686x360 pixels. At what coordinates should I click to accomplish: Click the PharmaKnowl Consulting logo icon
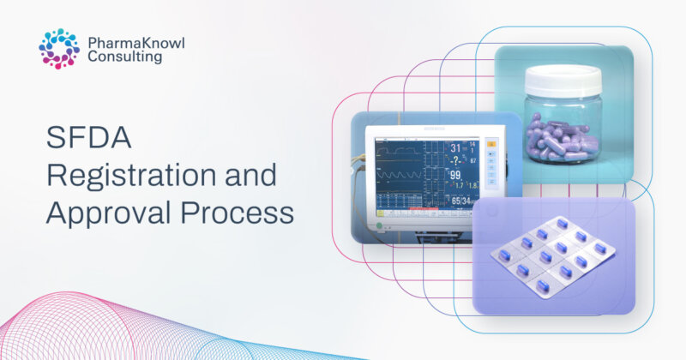coord(58,48)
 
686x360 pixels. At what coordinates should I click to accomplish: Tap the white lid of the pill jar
coord(563,81)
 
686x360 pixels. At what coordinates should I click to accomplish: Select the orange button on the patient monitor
coord(490,144)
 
